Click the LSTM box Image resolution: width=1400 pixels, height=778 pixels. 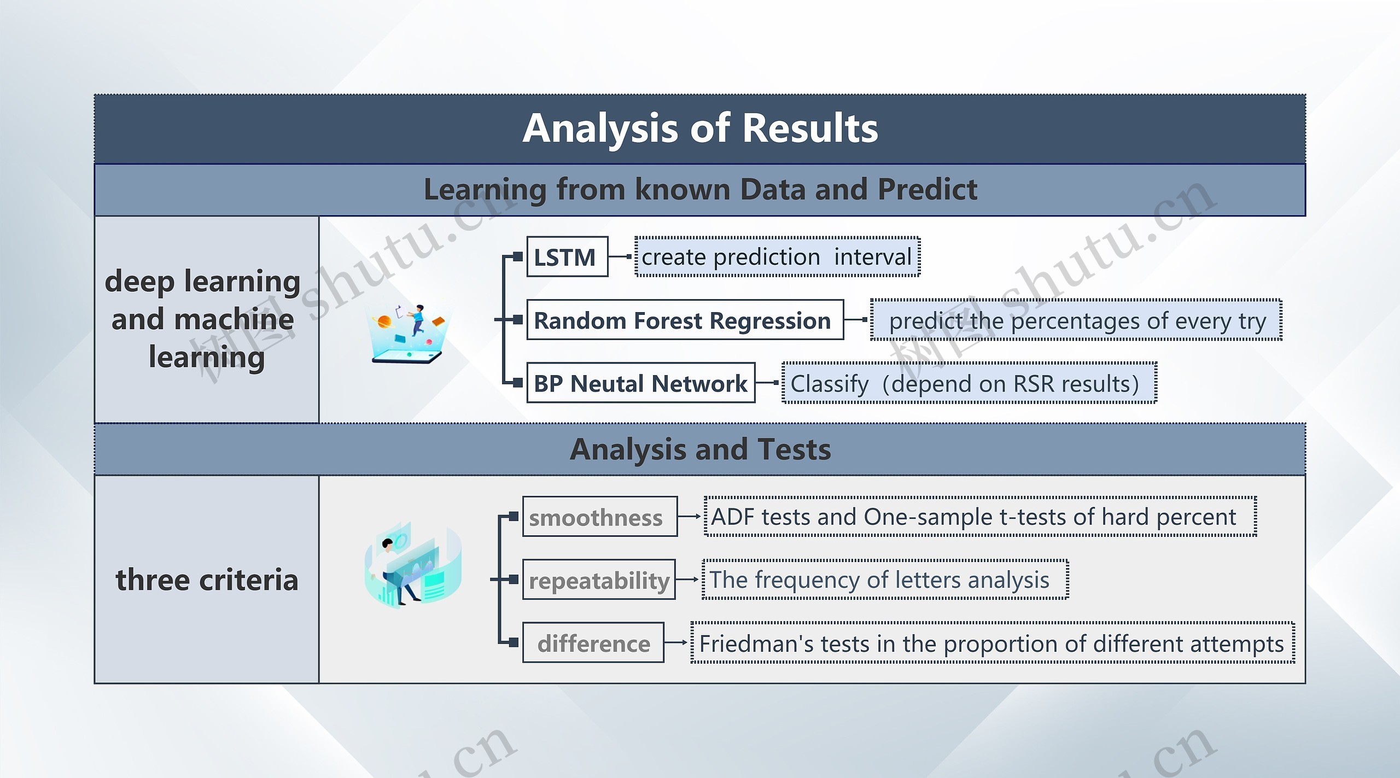click(567, 257)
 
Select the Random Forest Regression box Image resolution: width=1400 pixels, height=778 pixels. click(684, 320)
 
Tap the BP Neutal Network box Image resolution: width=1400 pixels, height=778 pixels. click(640, 383)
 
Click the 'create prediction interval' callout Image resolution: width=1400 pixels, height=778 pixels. click(777, 257)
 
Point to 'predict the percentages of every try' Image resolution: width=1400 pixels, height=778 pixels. click(1076, 320)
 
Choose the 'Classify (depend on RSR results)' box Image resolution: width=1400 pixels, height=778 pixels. click(969, 383)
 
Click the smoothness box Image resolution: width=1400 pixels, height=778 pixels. click(599, 517)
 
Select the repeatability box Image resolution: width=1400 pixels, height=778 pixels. click(599, 580)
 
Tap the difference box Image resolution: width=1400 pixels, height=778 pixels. click(593, 642)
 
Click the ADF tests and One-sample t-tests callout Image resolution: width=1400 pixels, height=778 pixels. click(979, 517)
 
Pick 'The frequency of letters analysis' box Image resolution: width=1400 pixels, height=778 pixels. click(885, 580)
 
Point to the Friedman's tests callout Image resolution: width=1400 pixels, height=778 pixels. click(992, 643)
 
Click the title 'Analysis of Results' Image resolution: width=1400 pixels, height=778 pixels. click(699, 129)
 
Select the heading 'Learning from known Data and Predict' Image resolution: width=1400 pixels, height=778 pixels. click(699, 190)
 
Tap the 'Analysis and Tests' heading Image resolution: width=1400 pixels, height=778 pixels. click(699, 449)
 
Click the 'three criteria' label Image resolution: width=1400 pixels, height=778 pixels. click(207, 580)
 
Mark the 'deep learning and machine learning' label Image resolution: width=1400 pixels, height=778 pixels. click(203, 319)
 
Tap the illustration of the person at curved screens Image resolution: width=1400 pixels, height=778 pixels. click(412, 565)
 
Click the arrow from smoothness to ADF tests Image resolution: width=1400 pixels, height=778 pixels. click(690, 516)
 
